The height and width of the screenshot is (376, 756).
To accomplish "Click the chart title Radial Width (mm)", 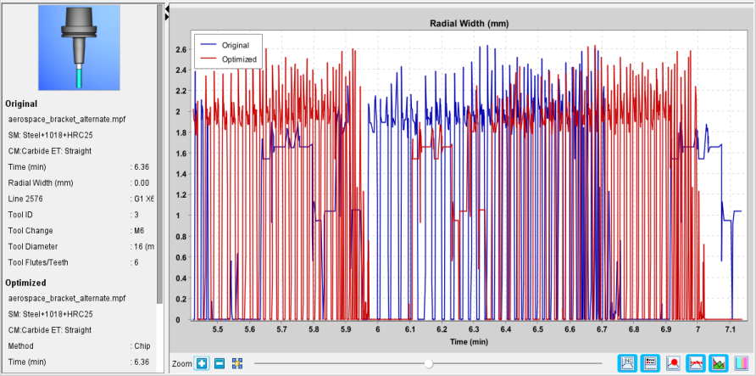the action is (470, 23).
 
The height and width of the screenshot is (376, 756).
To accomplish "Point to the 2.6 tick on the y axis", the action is (181, 49).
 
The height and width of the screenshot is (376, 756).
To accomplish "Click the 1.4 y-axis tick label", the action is (181, 174).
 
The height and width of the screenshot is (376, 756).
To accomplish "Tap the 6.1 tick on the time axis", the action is (410, 329).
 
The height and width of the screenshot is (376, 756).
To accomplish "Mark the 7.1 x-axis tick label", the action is (730, 329).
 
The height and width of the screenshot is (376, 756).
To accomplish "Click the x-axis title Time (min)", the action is (470, 342).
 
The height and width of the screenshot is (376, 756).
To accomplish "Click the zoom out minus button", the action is (219, 363).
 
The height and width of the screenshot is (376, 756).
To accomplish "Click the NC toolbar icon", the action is (628, 362).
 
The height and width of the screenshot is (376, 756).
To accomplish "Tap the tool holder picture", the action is (79, 48).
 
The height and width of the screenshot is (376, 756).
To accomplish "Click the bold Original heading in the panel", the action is (21, 104).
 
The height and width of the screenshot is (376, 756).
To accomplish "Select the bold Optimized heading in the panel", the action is (25, 283).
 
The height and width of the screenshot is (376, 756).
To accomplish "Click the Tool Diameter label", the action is (33, 247).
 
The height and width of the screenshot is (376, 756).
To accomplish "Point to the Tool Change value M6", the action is (139, 231).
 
